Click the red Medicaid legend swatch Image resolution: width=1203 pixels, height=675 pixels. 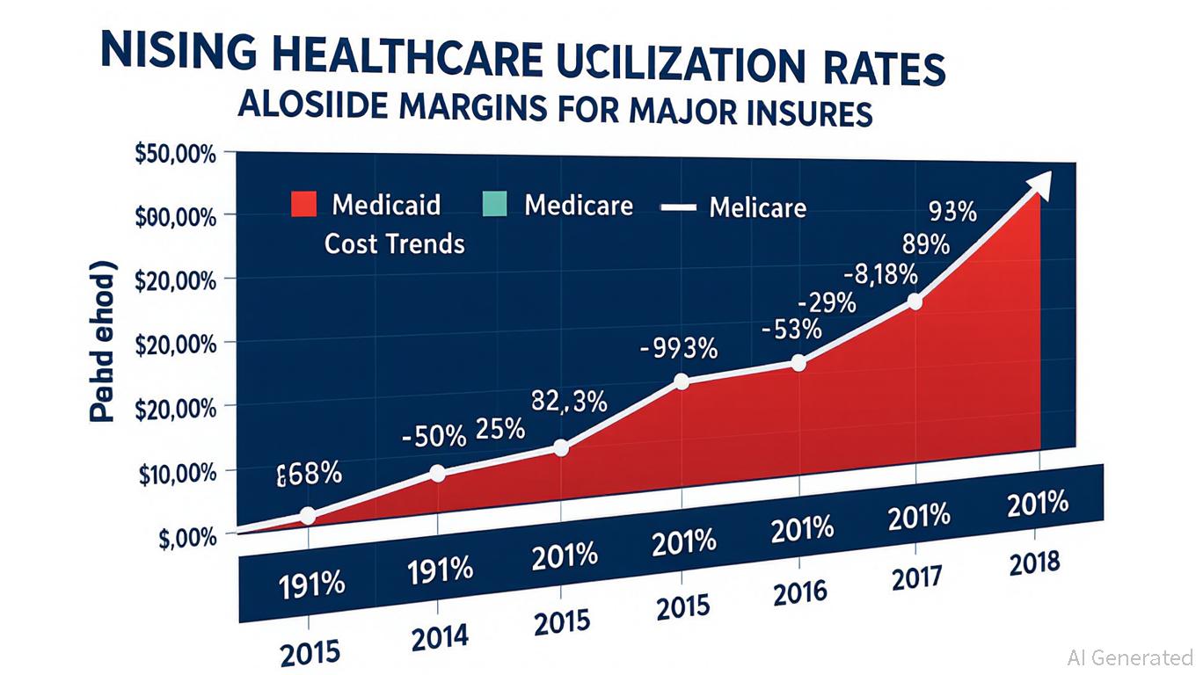click(303, 205)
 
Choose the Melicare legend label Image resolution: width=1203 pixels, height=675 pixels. click(757, 207)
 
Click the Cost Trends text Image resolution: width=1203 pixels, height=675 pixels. click(394, 243)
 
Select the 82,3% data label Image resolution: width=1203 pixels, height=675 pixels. click(569, 401)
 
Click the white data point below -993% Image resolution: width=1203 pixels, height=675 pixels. click(682, 381)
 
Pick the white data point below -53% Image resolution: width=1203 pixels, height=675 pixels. click(798, 362)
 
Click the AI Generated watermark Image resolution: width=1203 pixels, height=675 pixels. click(1129, 657)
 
